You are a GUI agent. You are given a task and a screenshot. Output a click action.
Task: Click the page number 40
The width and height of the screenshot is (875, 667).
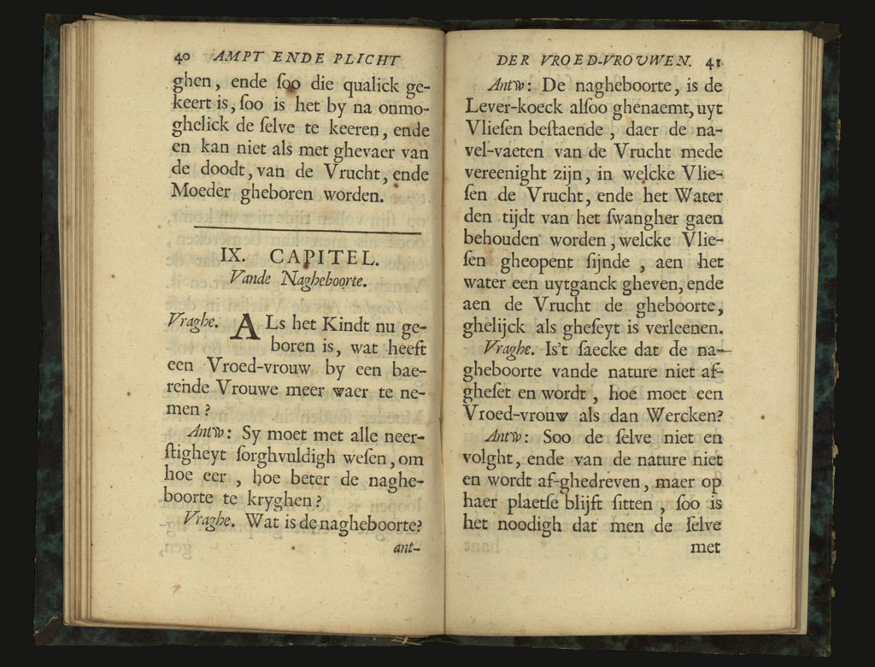coord(181,59)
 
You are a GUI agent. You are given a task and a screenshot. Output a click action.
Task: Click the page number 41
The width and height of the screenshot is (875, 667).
coord(715,62)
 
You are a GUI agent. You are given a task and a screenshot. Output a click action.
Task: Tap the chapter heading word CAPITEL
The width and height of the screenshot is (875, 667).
coord(324,256)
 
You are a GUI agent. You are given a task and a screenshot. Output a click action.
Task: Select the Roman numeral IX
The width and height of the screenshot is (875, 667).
coord(232,255)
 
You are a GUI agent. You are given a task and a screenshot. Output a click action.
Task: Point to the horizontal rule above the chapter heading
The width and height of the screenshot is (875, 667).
coord(308,230)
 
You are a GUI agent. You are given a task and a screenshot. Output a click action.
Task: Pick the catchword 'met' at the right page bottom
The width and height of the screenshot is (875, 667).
coord(705,547)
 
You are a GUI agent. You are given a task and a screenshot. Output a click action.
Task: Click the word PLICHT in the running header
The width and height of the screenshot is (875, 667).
coord(365,59)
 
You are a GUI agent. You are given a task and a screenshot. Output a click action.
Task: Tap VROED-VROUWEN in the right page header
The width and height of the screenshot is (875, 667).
coord(623,61)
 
